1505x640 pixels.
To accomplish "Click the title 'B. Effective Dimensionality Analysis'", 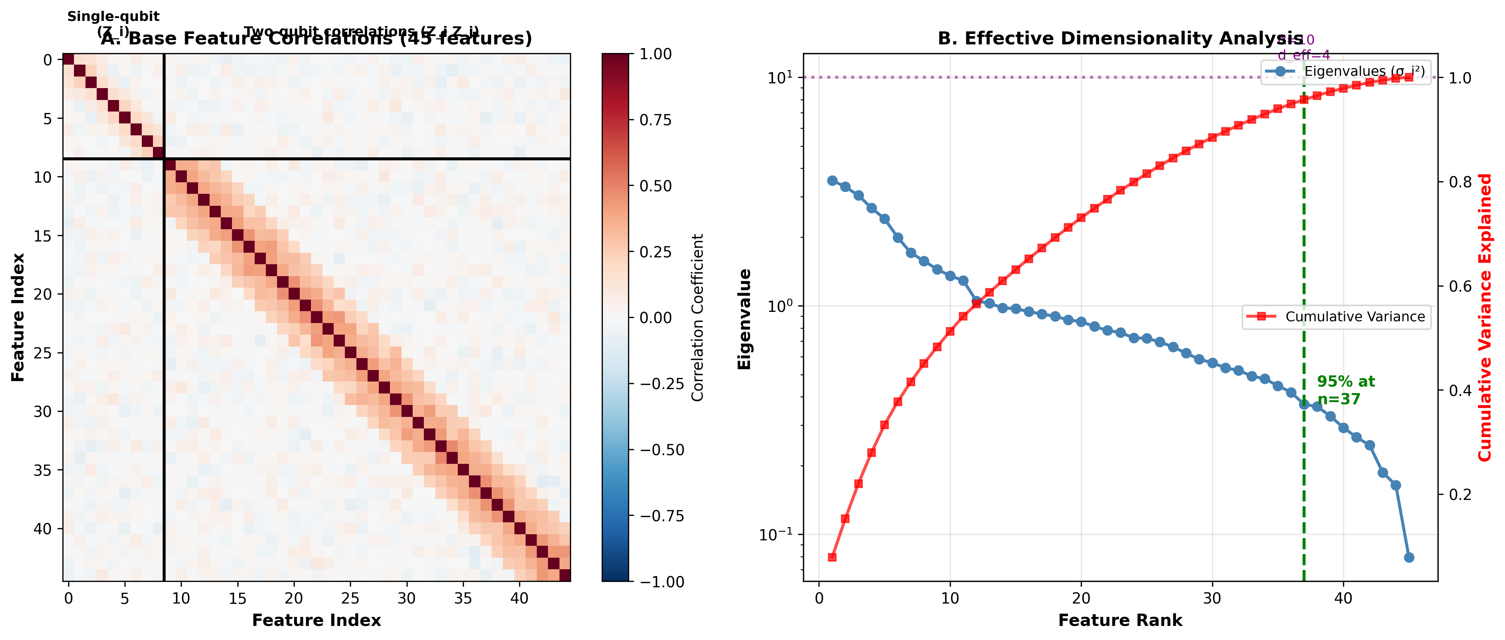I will (x=1120, y=39).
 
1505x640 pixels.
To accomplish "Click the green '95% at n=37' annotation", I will (x=1346, y=390).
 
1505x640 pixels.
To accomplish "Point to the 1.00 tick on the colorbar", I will (x=655, y=54).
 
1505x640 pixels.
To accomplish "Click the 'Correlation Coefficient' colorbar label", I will (x=698, y=317).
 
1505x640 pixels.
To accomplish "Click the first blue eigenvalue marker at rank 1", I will (x=832, y=180).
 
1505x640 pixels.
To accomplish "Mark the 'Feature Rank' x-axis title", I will (x=1120, y=620).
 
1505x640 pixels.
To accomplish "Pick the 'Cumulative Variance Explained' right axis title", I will (x=1484, y=317).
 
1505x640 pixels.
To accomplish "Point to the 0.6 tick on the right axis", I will (x=1459, y=286).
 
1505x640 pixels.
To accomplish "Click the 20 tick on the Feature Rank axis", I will (x=1081, y=598).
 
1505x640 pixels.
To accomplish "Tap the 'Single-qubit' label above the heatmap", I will (x=113, y=16).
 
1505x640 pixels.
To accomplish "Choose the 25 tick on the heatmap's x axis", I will (x=350, y=598).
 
